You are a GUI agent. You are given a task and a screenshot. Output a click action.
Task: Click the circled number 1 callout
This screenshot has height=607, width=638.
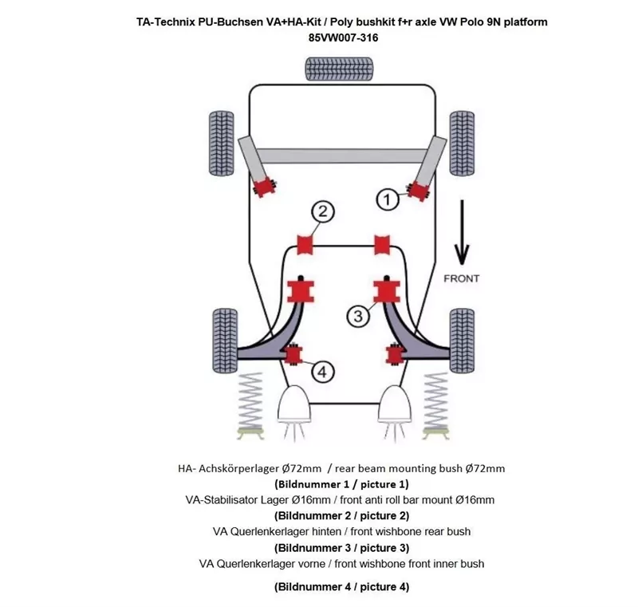(x=387, y=199)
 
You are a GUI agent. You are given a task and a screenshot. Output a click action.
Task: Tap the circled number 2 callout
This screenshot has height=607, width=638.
(x=321, y=211)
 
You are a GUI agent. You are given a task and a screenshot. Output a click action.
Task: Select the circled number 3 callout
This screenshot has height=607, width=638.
(x=358, y=316)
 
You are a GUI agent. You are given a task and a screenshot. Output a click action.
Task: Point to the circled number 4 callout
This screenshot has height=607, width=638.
(x=321, y=371)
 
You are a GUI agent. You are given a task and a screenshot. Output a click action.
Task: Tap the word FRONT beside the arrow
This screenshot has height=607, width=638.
(x=461, y=278)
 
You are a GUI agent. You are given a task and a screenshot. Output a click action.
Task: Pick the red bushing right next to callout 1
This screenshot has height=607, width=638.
(x=417, y=190)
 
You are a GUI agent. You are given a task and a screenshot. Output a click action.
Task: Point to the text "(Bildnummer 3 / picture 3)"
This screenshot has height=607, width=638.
(x=341, y=547)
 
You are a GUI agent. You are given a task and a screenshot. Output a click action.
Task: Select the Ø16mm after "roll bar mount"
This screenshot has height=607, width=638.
(x=475, y=500)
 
